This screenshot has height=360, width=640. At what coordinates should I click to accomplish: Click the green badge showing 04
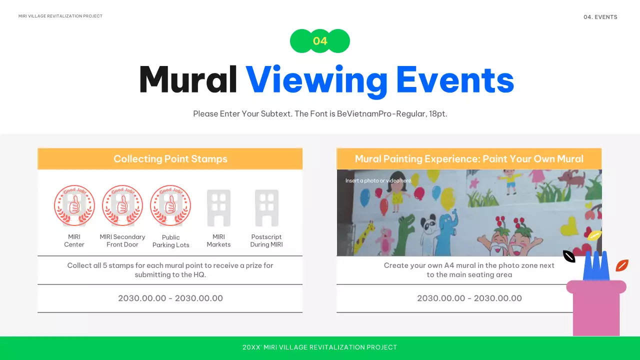(x=320, y=41)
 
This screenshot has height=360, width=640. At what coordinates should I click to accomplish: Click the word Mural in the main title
(x=188, y=80)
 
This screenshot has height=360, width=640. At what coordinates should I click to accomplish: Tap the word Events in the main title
(x=455, y=80)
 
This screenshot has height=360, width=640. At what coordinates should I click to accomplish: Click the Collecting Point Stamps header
(x=170, y=159)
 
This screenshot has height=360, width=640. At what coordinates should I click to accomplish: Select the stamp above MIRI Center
(x=74, y=206)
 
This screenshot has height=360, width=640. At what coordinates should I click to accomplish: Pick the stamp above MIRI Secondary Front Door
(x=122, y=206)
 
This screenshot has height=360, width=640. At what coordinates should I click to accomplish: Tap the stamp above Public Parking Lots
(x=170, y=206)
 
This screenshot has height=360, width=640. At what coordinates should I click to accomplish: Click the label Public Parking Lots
(x=171, y=241)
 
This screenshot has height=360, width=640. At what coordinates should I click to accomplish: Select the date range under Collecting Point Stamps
(x=170, y=298)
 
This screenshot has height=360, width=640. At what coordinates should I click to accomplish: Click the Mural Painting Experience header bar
(x=469, y=159)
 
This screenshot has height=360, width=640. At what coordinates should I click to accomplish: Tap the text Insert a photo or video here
(x=378, y=180)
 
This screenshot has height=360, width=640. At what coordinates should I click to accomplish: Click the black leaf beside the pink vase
(x=569, y=256)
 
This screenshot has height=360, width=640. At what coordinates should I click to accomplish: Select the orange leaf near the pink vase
(x=621, y=265)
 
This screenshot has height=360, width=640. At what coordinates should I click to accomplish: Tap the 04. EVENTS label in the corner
(x=600, y=17)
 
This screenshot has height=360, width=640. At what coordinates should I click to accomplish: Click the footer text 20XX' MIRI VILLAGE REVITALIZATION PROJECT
(x=320, y=347)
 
